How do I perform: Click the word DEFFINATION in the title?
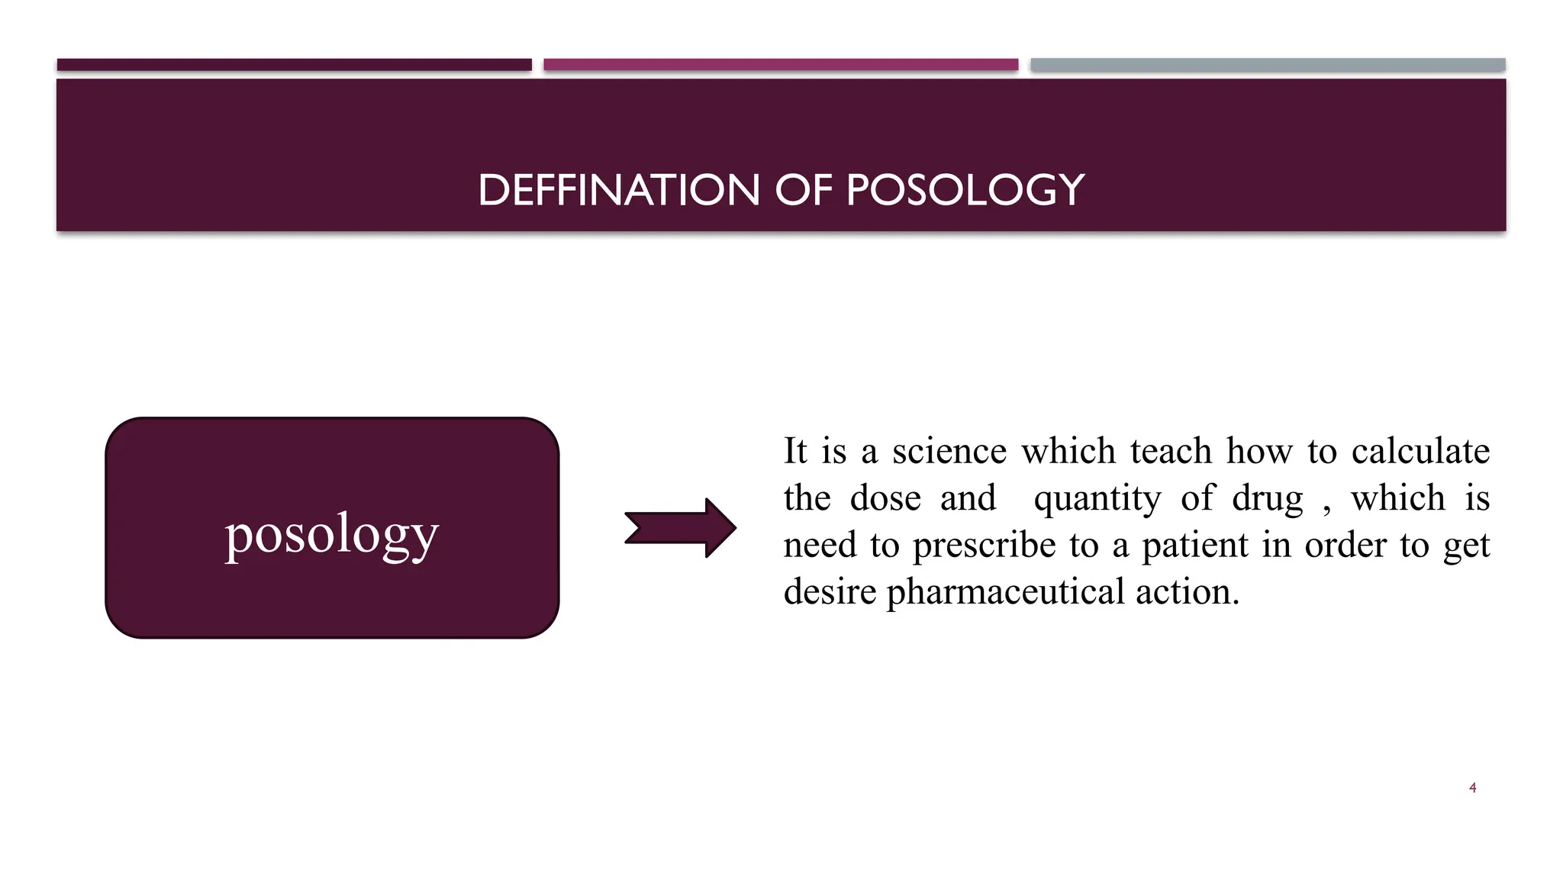[x=618, y=190]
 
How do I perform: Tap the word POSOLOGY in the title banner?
[x=965, y=190]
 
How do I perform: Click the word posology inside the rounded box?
[x=332, y=534]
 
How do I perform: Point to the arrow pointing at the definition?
[x=680, y=528]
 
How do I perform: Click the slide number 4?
[x=1472, y=787]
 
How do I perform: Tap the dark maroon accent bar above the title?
[x=294, y=65]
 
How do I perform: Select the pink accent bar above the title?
[x=781, y=65]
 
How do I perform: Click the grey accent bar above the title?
[x=1268, y=65]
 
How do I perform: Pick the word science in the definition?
[x=949, y=451]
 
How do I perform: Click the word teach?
[x=1171, y=451]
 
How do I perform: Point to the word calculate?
[x=1420, y=451]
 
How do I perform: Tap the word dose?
[x=885, y=498]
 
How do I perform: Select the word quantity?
[x=1097, y=500]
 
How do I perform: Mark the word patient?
[x=1194, y=546]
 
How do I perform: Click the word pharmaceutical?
[x=1005, y=593]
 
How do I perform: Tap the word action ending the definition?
[x=1187, y=593]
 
